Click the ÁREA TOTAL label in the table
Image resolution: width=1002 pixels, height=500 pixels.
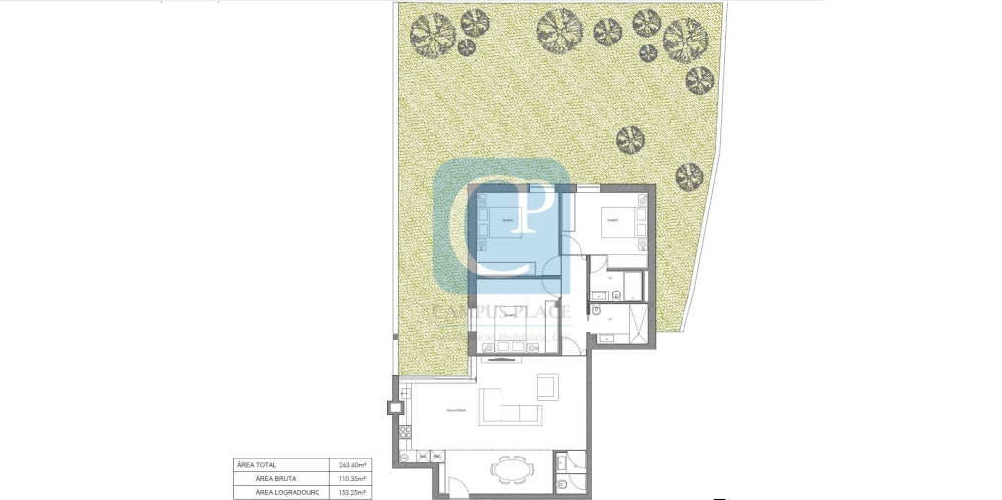257,464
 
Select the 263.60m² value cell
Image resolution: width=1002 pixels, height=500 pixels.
352,464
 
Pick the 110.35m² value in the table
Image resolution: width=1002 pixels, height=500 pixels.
352,477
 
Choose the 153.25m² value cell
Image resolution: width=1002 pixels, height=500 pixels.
352,490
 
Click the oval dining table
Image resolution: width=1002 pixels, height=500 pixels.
512,469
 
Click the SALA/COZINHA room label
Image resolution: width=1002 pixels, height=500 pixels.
456,408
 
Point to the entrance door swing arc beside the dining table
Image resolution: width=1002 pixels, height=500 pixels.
457,484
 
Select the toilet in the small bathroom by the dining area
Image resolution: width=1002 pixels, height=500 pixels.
562,485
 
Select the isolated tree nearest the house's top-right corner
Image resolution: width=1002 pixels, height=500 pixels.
689,178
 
